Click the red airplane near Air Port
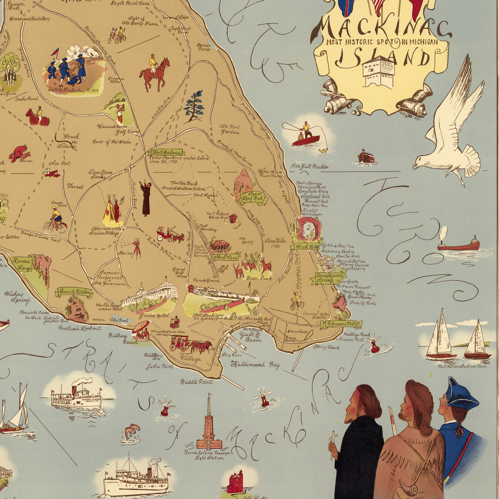tap(53, 173)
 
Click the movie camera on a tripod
tap(136, 248)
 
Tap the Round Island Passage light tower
tap(209, 426)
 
